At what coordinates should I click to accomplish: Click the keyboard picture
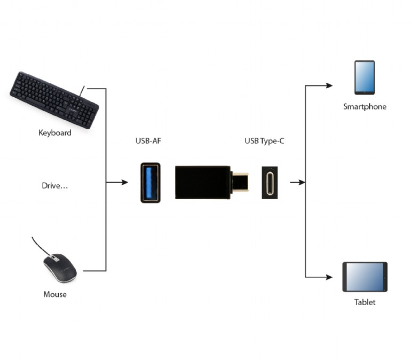pyautogui.click(x=54, y=100)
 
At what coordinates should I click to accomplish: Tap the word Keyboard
pyautogui.click(x=55, y=132)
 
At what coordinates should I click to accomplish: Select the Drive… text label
pyautogui.click(x=55, y=186)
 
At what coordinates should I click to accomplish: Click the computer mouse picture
pyautogui.click(x=60, y=268)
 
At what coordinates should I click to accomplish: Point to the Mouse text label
pyautogui.click(x=55, y=294)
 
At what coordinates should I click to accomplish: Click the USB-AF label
pyautogui.click(x=148, y=141)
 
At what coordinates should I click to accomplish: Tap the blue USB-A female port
pyautogui.click(x=151, y=183)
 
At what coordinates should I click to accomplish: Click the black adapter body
pyautogui.click(x=203, y=182)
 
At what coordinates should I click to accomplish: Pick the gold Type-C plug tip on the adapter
pyautogui.click(x=240, y=182)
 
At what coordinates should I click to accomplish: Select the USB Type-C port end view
pyautogui.click(x=270, y=183)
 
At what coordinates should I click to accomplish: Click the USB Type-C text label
pyautogui.click(x=264, y=141)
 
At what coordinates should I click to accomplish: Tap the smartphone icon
pyautogui.click(x=365, y=77)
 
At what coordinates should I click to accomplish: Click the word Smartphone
pyautogui.click(x=365, y=106)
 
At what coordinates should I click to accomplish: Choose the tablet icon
pyautogui.click(x=365, y=277)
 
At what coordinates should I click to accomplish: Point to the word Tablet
pyautogui.click(x=365, y=302)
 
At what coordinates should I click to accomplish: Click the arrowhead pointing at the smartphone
pyautogui.click(x=329, y=85)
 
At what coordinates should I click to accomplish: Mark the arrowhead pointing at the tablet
pyautogui.click(x=329, y=277)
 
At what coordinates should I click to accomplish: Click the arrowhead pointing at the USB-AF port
pyautogui.click(x=125, y=182)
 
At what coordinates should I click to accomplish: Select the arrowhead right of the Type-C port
pyautogui.click(x=302, y=182)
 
